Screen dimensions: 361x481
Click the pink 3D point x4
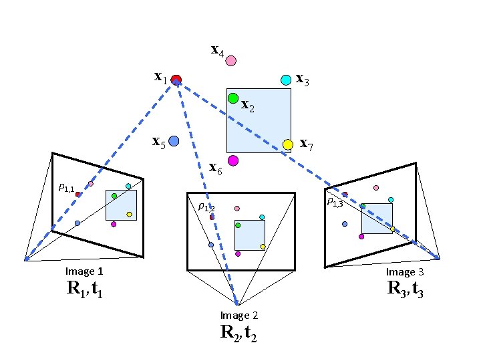[230, 61]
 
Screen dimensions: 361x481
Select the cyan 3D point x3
[286, 80]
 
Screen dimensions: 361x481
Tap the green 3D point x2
[233, 98]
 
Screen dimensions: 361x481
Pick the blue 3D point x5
[174, 141]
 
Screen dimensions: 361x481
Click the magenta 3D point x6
[232, 160]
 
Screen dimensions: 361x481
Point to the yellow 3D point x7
[288, 144]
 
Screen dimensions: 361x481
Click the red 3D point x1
[176, 80]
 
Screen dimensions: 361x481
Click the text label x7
[307, 142]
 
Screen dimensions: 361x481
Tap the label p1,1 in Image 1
[66, 188]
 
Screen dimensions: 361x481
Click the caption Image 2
[239, 316]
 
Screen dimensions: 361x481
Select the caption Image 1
[84, 271]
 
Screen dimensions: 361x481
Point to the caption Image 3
[405, 272]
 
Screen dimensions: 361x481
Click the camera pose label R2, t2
[238, 333]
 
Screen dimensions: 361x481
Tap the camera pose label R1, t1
[84, 289]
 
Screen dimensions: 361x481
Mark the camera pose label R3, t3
[405, 289]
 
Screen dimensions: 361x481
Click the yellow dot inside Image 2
[263, 247]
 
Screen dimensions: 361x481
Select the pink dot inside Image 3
[376, 188]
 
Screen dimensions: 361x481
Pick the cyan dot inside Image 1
[128, 186]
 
